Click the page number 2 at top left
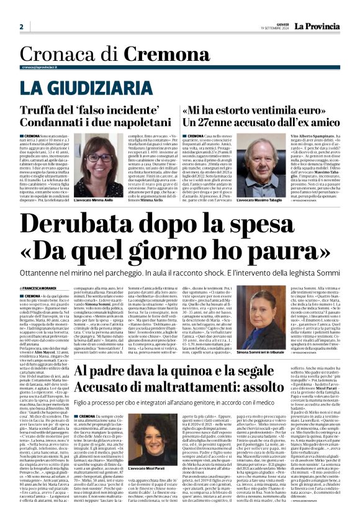(21, 27)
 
